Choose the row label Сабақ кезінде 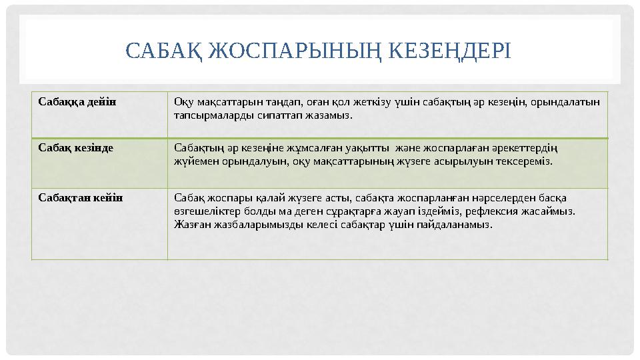[75, 147]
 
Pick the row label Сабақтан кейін [80, 198]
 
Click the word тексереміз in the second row [525, 161]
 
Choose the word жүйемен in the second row [193, 161]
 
